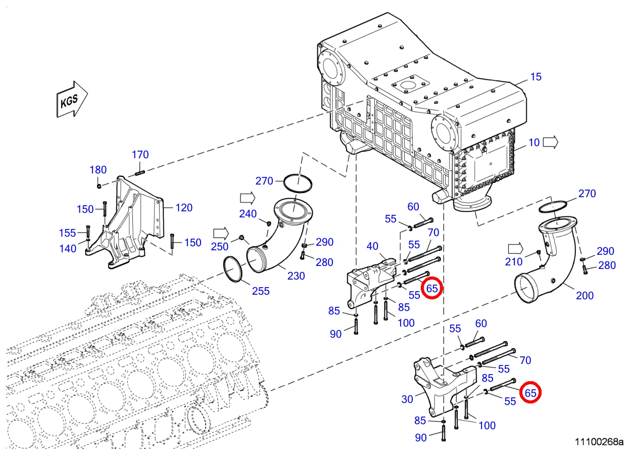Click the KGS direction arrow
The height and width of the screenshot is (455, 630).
point(72,99)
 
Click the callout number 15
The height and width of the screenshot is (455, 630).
point(536,77)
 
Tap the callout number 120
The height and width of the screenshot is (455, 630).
point(184,208)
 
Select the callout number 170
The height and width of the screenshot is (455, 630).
point(140,155)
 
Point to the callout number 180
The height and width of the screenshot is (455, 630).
point(98,170)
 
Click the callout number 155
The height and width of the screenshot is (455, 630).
point(68,233)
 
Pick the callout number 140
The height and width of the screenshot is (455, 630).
point(68,249)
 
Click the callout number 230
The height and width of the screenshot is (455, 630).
point(296,276)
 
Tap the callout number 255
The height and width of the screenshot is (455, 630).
point(261,291)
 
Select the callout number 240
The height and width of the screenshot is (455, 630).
point(248,214)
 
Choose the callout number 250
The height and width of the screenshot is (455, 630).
point(220,247)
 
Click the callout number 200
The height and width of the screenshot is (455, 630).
point(585,296)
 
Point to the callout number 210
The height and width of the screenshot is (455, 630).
point(514,262)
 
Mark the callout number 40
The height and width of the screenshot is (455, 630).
point(372,247)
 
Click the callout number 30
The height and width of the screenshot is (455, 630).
point(407,399)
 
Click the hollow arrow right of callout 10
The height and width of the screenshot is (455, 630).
point(550,143)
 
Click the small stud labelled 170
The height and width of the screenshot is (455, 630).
point(140,173)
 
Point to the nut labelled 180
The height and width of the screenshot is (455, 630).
point(99,186)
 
